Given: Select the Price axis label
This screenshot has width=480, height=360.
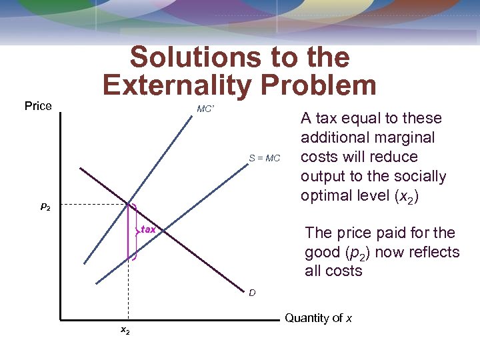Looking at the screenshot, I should [x=38, y=106].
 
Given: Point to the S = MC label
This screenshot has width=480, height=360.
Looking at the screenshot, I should [x=265, y=158].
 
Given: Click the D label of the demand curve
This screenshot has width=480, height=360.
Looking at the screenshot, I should [x=252, y=293].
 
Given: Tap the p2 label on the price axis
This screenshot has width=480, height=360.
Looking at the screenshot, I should [x=45, y=208].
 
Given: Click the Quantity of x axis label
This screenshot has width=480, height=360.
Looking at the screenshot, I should [x=319, y=318].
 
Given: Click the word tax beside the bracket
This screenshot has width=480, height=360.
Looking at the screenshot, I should [x=148, y=229].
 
